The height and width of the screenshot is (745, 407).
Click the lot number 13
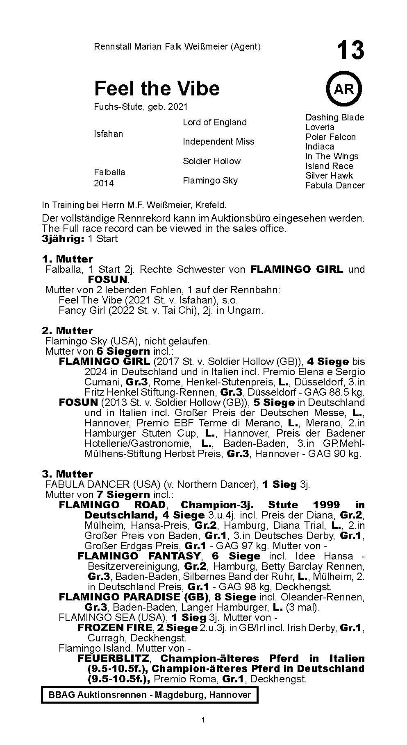pyautogui.click(x=350, y=50)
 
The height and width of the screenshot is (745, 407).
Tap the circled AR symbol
pyautogui.click(x=343, y=89)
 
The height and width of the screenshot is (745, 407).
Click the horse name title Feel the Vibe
pyautogui.click(x=157, y=88)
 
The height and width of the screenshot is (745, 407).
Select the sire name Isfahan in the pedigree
pyautogui.click(x=108, y=134)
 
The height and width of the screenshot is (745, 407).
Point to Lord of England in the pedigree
pyautogui.click(x=214, y=122)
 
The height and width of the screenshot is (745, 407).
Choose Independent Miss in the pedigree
pyautogui.click(x=218, y=142)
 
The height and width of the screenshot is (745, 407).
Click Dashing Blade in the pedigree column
pyautogui.click(x=334, y=118)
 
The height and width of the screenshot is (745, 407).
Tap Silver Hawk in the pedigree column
pyautogui.click(x=329, y=176)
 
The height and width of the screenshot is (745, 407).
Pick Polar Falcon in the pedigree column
pyautogui.click(x=330, y=137)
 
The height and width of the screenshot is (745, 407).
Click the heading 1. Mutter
pyautogui.click(x=67, y=259)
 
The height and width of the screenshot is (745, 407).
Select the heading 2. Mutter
pyautogui.click(x=67, y=331)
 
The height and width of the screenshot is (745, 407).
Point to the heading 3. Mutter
pyautogui.click(x=67, y=474)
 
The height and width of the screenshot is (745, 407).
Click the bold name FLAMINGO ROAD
pyautogui.click(x=112, y=505)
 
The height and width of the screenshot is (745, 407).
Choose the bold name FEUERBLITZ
pyautogui.click(x=114, y=659)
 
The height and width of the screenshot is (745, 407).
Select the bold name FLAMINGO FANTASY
pyautogui.click(x=139, y=556)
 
